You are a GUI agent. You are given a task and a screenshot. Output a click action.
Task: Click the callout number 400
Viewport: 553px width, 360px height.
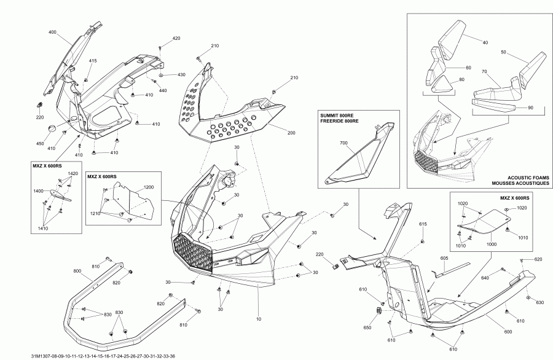pyautogui.click(x=52, y=31)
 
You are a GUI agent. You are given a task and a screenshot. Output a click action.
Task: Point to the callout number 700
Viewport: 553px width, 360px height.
pyautogui.click(x=343, y=143)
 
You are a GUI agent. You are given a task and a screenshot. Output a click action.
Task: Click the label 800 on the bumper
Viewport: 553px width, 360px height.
pyautogui.click(x=77, y=270)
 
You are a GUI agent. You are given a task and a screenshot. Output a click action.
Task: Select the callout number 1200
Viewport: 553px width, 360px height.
pyautogui.click(x=149, y=187)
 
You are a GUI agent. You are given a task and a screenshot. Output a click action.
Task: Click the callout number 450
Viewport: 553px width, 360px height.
pyautogui.click(x=40, y=144)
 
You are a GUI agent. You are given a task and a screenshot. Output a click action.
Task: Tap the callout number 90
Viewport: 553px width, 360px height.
pyautogui.click(x=530, y=108)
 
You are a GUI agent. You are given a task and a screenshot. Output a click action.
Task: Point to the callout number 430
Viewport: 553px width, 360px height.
pyautogui.click(x=182, y=74)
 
